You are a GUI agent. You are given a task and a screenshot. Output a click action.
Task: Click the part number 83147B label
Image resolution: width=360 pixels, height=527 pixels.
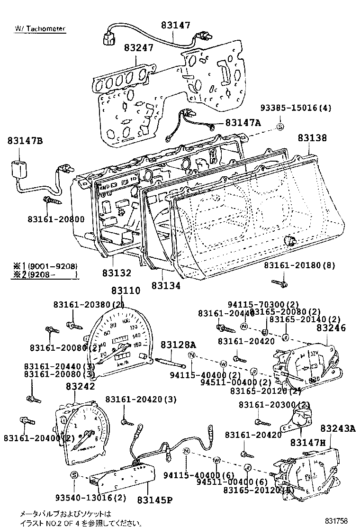(25, 141)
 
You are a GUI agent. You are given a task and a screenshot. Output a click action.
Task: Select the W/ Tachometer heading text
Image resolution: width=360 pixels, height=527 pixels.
(40, 28)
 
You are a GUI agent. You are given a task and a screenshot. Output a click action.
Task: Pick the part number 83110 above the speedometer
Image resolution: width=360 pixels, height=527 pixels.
(126, 291)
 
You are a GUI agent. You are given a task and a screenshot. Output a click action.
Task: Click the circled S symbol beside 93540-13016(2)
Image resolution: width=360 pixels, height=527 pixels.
(74, 475)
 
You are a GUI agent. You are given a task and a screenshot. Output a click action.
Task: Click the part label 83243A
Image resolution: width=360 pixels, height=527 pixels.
(337, 428)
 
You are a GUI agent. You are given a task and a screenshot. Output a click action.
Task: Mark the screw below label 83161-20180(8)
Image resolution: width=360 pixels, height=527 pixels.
(279, 283)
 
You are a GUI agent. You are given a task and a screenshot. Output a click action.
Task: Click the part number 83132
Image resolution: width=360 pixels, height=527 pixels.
(116, 274)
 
